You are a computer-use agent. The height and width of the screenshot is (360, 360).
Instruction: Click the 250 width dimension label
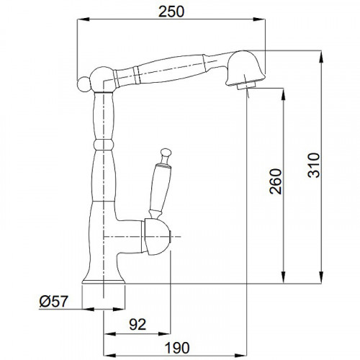pos(171,12)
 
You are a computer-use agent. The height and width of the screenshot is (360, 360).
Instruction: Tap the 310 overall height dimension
pos(314,165)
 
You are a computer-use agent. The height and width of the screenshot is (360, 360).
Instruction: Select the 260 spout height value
pos(276,181)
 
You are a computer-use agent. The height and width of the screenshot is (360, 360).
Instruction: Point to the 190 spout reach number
pos(177,348)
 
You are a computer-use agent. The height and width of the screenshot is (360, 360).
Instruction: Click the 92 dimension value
pos(138,324)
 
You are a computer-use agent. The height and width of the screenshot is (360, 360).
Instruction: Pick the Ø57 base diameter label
pos(54,301)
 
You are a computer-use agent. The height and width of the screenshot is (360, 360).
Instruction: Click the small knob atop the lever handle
pos(166,153)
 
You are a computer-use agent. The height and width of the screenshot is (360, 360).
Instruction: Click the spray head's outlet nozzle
pos(246,86)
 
